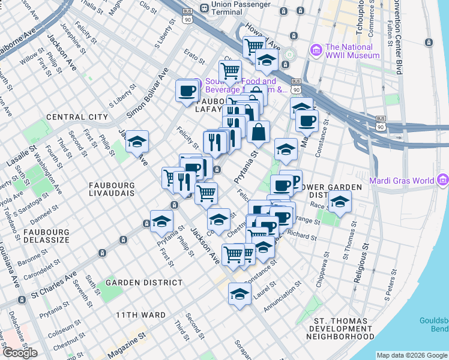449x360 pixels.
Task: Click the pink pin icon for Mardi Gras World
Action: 444,179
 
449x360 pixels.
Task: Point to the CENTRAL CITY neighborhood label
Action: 77,117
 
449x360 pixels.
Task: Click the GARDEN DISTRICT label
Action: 144,282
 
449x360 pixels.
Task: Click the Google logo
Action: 20,353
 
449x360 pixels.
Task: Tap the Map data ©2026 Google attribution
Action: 412,355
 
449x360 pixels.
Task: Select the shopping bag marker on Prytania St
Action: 258,131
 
